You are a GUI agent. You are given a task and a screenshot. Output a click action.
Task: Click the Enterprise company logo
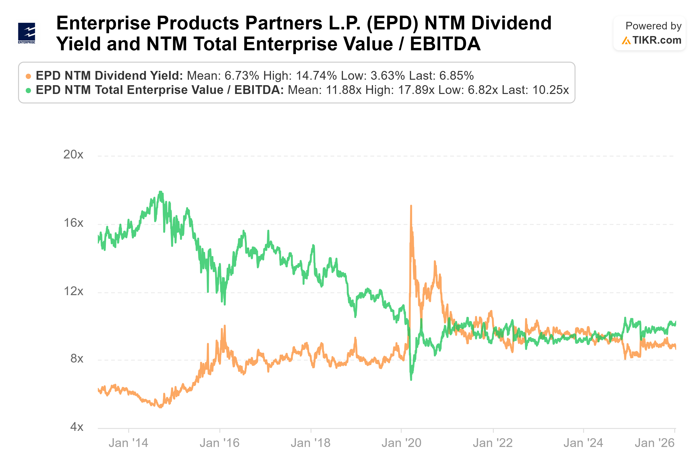coord(26,33)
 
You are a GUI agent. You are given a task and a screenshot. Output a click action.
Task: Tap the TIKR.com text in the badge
coord(656,40)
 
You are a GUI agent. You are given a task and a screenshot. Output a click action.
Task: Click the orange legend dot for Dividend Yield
coord(28,76)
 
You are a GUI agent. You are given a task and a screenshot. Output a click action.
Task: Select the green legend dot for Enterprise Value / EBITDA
coord(28,90)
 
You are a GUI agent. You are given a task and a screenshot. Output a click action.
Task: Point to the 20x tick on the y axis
coord(73,154)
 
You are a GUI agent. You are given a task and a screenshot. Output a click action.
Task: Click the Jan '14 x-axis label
coord(128,443)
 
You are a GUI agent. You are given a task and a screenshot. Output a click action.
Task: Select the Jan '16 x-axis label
coord(219,443)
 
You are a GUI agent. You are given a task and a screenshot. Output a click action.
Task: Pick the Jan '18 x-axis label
coord(311,443)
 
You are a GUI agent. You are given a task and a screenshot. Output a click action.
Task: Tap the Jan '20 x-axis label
coord(401,443)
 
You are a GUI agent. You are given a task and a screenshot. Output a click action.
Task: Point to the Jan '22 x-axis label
coord(493,443)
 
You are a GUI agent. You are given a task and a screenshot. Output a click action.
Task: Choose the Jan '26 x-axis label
coord(655,443)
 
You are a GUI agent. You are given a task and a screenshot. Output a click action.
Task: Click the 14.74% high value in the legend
coord(316,76)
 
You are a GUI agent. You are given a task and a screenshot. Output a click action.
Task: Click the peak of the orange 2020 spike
coord(411,205)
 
